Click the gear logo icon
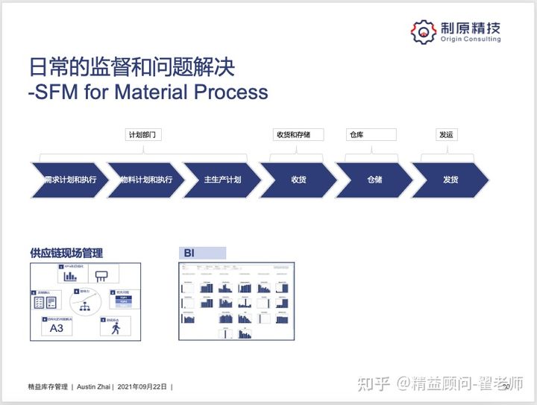coord(424,31)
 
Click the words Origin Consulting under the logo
coord(469,40)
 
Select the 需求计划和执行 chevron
coord(69,180)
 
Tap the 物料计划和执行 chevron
coord(146,180)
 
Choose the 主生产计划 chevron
coord(222,180)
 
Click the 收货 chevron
coord(298,180)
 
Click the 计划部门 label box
coord(143,135)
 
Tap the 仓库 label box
coord(370,135)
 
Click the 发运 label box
coord(446,135)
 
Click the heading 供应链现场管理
coord(66,253)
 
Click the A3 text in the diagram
coord(57,328)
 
